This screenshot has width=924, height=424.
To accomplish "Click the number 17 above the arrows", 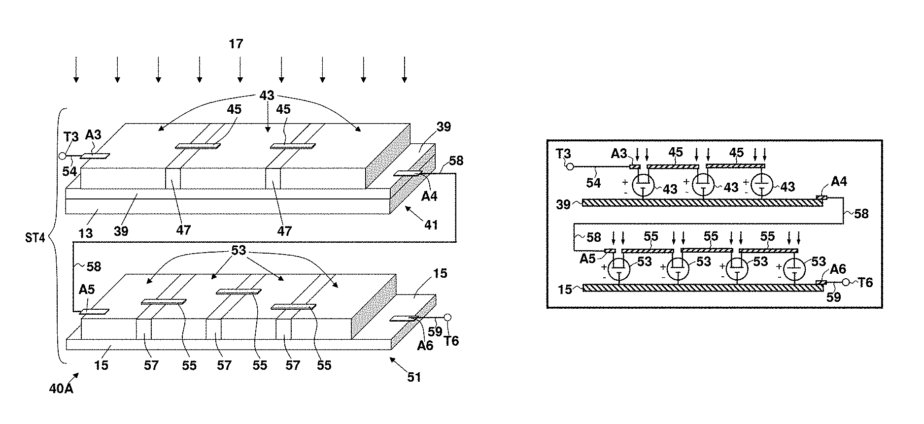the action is [236, 44].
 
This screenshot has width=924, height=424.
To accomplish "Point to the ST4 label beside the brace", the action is [35, 238].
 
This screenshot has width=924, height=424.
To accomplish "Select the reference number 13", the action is [85, 232].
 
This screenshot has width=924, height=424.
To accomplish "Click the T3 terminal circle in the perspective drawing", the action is [62, 157].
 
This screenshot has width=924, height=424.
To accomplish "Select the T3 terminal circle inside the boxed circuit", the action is [570, 166].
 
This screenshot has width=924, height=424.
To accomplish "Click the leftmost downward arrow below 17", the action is [76, 69].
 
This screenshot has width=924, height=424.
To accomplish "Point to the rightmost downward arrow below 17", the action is [405, 69].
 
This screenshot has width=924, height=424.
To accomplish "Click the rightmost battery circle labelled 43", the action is [762, 186].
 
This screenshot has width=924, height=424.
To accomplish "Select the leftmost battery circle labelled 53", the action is [618, 269].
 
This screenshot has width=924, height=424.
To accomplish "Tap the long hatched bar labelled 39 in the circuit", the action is [702, 202].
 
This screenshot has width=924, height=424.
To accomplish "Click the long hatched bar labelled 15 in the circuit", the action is [702, 287].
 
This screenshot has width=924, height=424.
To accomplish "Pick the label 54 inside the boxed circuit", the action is [593, 183].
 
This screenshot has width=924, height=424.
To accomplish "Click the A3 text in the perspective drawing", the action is [93, 134].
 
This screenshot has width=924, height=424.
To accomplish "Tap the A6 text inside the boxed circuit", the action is [838, 269].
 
